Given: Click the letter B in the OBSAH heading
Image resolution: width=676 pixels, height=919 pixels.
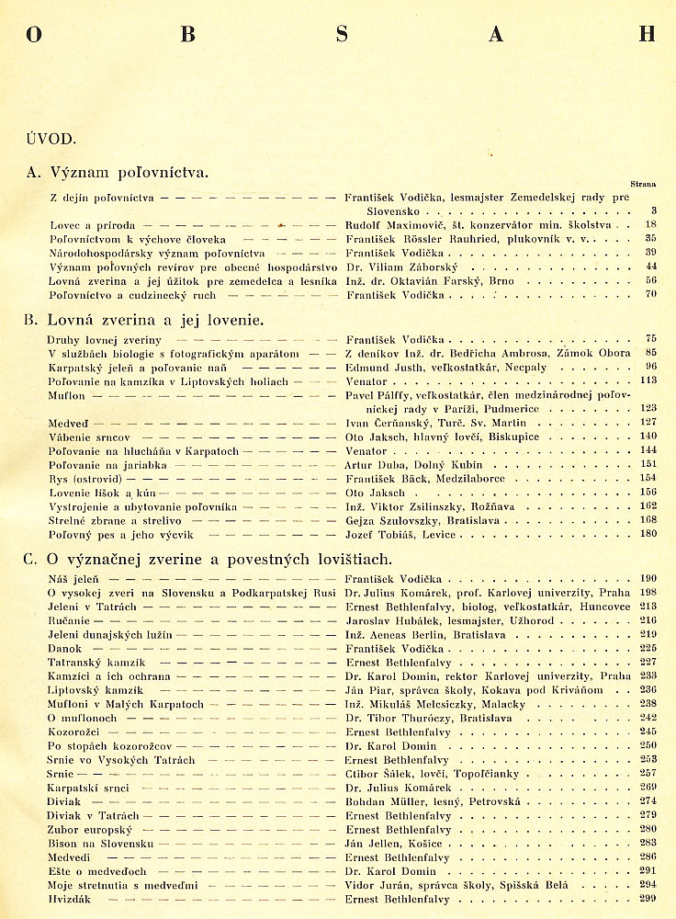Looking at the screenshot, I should [188, 35].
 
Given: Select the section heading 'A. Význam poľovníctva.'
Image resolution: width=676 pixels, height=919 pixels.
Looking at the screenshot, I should [118, 172].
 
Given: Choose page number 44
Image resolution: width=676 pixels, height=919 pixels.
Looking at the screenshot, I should [650, 267].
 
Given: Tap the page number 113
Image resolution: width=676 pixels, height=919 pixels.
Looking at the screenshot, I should [648, 380].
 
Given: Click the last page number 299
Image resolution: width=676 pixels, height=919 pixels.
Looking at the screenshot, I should [648, 899].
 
